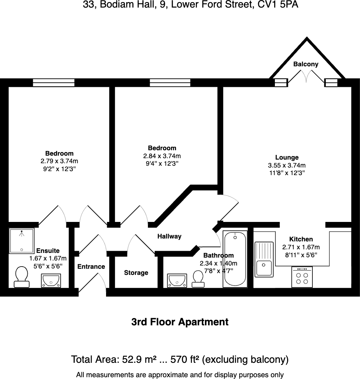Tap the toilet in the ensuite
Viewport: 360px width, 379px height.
click(x=22, y=277)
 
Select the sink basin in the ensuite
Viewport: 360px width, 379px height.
click(x=51, y=280)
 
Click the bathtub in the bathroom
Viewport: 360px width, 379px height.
click(x=235, y=259)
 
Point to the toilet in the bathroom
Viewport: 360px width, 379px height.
click(x=198, y=279)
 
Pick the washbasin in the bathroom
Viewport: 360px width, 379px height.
click(x=177, y=280)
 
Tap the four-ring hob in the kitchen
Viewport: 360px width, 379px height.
click(x=302, y=277)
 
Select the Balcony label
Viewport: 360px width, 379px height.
click(x=306, y=64)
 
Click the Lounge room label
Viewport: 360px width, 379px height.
click(x=287, y=157)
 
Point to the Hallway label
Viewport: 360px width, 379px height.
click(x=169, y=236)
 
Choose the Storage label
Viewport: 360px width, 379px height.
click(x=136, y=273)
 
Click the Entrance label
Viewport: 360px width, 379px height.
click(x=91, y=267)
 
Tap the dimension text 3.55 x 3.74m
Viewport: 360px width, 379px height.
click(x=287, y=165)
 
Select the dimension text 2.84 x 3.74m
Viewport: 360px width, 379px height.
click(x=162, y=156)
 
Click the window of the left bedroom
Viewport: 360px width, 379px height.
click(x=53, y=83)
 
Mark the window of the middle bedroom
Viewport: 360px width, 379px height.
click(x=170, y=83)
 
